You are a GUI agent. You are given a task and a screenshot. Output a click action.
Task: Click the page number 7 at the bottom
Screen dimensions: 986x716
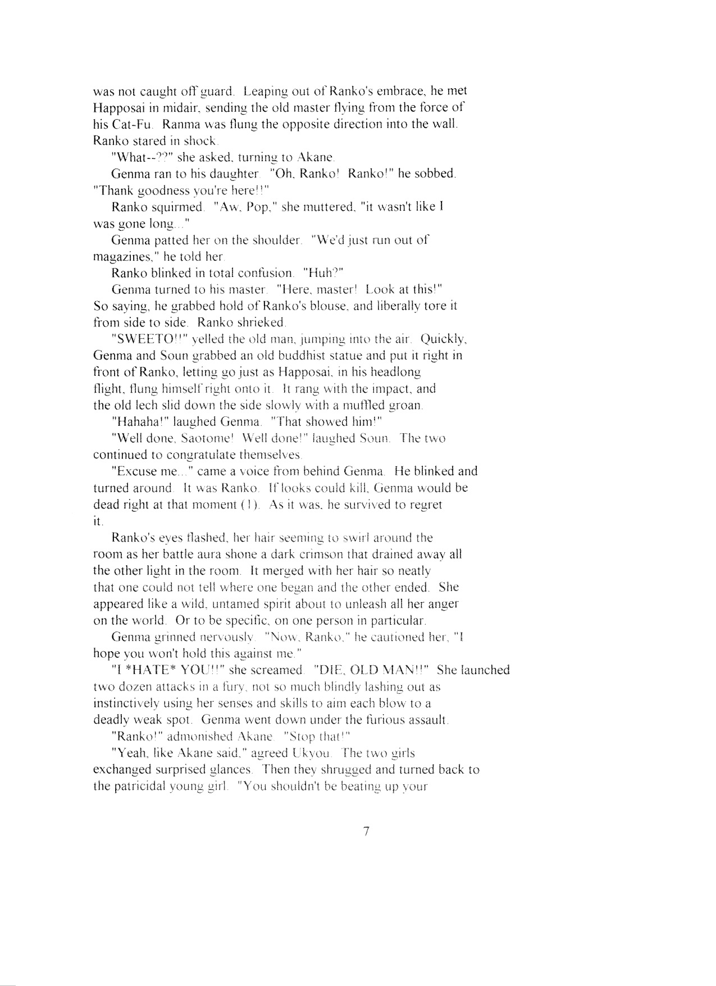[x=366, y=832]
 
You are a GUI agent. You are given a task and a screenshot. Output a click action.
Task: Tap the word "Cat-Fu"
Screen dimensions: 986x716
[x=115, y=124]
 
